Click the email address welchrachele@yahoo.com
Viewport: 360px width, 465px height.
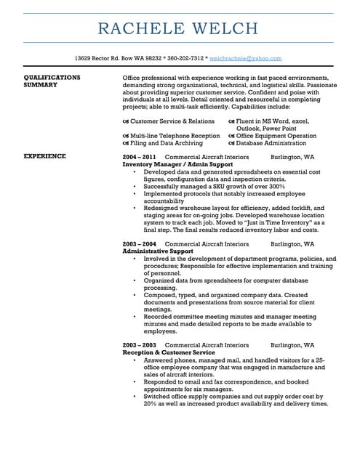[245, 57]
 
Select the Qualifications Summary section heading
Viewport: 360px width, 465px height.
[52, 80]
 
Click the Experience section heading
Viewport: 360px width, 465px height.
[45, 156]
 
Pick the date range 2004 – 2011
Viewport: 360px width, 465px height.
[139, 156]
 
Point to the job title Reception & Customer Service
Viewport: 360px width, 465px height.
[169, 352]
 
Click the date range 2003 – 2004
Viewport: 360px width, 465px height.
[139, 243]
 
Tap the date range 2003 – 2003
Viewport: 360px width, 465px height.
[139, 344]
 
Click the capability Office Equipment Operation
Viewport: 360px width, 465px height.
[276, 135]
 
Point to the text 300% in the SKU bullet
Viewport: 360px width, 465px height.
[273, 187]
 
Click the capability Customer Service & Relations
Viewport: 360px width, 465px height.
[172, 121]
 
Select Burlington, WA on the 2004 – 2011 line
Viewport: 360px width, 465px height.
[292, 156]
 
